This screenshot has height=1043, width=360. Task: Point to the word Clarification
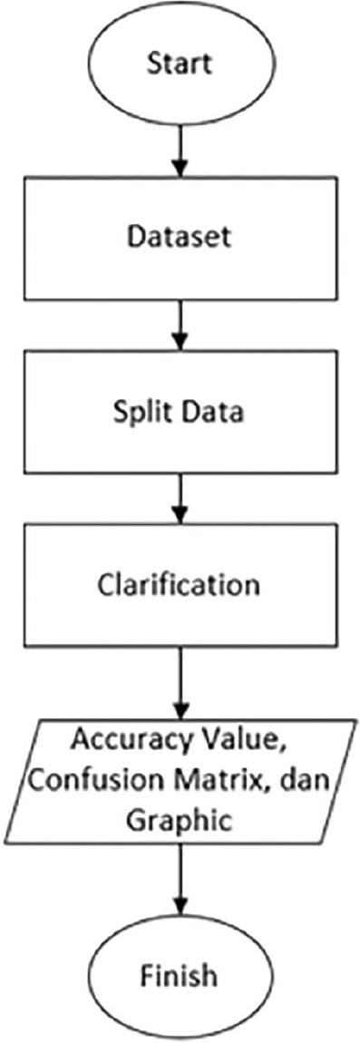tap(180, 583)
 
